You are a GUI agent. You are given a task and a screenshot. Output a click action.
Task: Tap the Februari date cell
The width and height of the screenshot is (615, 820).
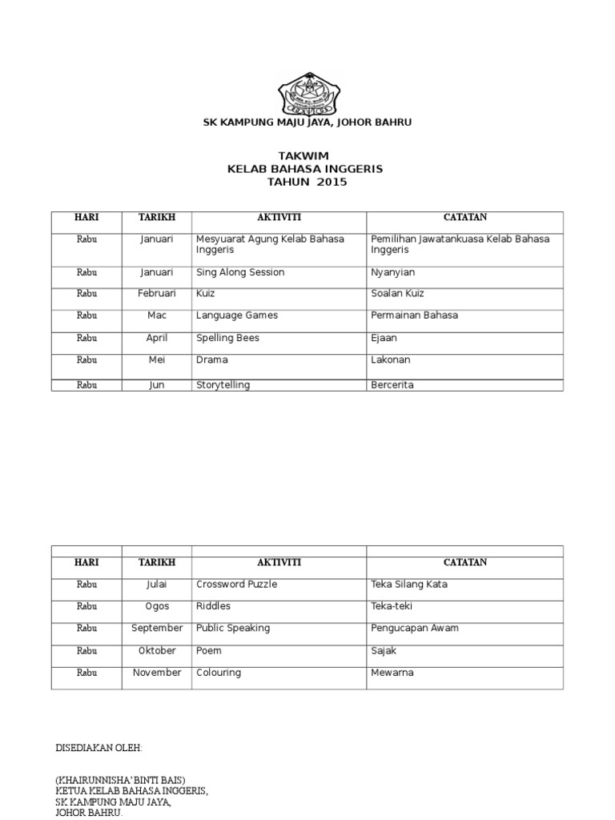[156, 294]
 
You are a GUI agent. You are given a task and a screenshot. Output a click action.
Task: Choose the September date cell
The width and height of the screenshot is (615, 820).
[157, 629]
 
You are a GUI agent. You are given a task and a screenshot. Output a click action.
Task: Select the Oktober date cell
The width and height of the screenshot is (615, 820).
[157, 651]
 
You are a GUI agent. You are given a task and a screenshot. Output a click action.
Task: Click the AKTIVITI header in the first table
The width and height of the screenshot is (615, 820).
[279, 218]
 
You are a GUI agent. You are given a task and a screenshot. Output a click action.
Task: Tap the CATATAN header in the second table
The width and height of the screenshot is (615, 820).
[464, 563]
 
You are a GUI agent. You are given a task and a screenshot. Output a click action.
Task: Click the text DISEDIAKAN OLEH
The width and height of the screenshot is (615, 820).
[98, 748]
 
